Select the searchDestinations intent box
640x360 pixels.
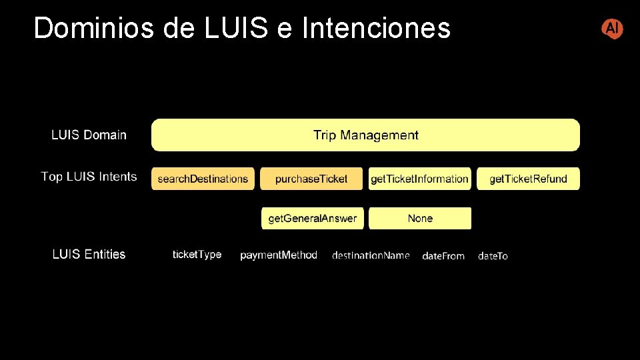tap(203, 179)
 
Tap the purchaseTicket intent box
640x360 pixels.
tap(311, 179)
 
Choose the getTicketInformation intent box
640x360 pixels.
tap(419, 179)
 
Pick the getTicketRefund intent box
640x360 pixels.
tap(528, 179)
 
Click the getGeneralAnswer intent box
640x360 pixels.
tap(312, 218)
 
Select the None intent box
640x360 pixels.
tap(420, 218)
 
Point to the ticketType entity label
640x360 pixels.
tap(197, 255)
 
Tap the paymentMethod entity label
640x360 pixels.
tap(279, 255)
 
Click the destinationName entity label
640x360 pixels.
tap(371, 255)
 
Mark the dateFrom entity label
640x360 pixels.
tap(443, 256)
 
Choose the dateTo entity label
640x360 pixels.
tap(493, 256)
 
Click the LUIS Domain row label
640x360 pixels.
tap(89, 135)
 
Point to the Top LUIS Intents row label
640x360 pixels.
tap(89, 177)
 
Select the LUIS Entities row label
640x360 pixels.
tap(89, 254)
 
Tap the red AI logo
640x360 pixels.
tap(612, 29)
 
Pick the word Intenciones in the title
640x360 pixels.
tap(376, 29)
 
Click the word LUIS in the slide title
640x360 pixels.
tap(237, 29)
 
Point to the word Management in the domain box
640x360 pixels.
tap(379, 135)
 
